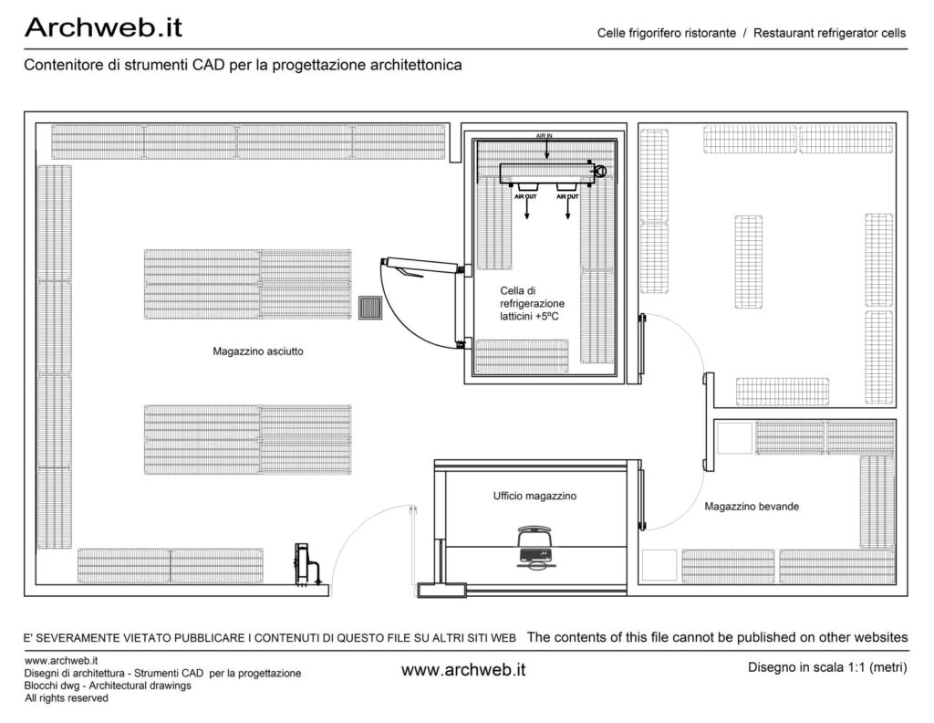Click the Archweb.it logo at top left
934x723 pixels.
point(103,27)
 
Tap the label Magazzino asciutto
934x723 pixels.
point(258,351)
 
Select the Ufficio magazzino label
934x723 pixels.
point(534,496)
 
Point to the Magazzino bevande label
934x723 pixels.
point(752,506)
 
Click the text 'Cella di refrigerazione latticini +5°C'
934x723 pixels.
point(532,303)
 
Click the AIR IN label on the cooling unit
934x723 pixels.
point(544,137)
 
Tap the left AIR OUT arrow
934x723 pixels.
point(526,209)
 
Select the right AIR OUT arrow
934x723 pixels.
point(567,209)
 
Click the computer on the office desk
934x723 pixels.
point(534,547)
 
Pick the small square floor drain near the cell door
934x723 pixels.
point(370,308)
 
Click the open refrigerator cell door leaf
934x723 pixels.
point(421,266)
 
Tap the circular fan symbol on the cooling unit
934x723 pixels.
point(600,172)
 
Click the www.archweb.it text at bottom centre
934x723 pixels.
point(463,670)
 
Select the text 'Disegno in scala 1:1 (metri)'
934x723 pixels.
point(827,667)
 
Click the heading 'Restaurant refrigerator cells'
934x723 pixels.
point(829,33)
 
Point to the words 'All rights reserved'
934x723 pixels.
point(66,698)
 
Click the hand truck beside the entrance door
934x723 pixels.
point(306,564)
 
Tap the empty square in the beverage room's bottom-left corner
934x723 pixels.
point(660,566)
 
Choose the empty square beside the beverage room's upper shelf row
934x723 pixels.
point(735,438)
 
